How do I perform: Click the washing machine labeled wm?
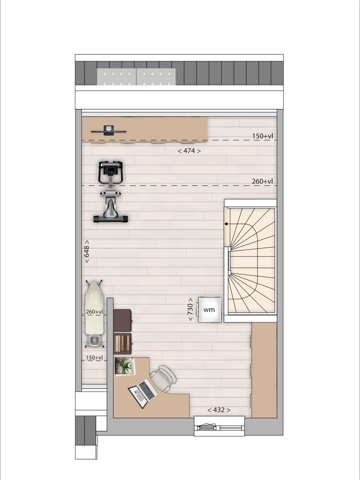click(x=209, y=310)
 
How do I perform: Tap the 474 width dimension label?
click(x=189, y=151)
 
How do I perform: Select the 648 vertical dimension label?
click(x=86, y=252)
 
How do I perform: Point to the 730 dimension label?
click(x=190, y=309)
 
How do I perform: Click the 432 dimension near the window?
click(x=219, y=410)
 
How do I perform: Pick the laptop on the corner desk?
click(x=143, y=393)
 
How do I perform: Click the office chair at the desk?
click(x=163, y=378)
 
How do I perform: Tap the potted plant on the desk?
click(x=125, y=366)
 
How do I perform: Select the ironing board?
click(x=94, y=313)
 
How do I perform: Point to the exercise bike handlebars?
click(x=110, y=172)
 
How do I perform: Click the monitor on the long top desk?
click(x=108, y=131)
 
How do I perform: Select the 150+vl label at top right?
click(x=263, y=136)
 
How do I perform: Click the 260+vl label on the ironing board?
click(x=94, y=312)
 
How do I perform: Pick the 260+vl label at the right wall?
click(x=263, y=181)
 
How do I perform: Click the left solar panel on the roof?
click(x=117, y=77)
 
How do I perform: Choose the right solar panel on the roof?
click(x=156, y=77)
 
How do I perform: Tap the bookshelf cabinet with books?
click(x=122, y=344)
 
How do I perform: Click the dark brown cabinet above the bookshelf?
click(x=122, y=320)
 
